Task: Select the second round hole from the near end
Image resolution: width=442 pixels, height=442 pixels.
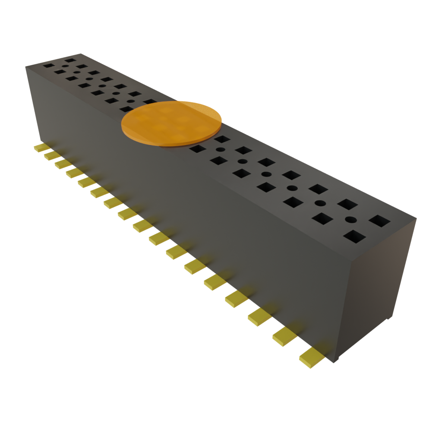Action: (320, 203)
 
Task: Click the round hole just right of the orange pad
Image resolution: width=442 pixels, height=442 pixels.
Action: (220, 150)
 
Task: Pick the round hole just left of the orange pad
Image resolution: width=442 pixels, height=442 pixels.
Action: (130, 101)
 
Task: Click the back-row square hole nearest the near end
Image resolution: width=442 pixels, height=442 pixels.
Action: (379, 221)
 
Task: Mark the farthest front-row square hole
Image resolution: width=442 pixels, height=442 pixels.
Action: (48, 66)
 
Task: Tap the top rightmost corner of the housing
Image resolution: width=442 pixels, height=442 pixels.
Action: (417, 218)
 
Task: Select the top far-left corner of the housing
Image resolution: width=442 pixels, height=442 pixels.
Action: (26, 66)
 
